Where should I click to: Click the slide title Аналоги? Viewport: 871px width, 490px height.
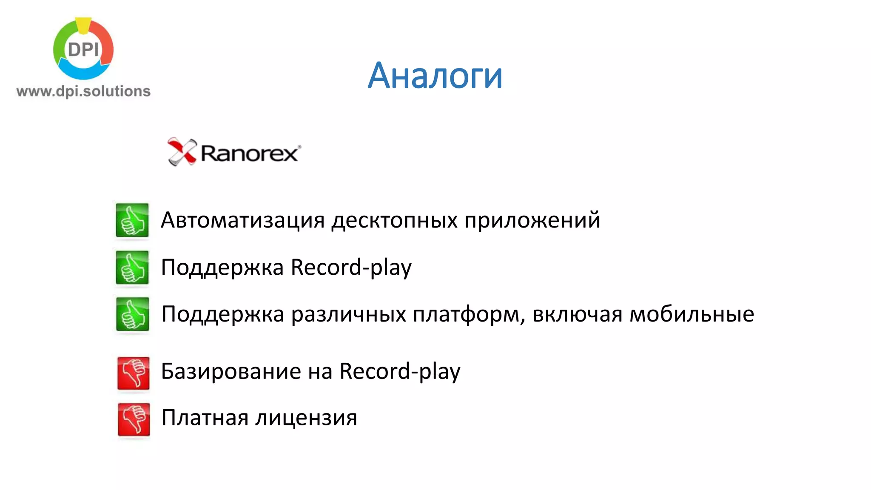[435, 76]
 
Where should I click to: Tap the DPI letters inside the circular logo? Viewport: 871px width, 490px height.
[83, 50]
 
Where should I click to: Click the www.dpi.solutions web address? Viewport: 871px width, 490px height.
[83, 91]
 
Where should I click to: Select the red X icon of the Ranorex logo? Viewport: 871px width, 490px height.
[182, 151]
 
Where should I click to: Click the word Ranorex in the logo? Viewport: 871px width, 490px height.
[250, 154]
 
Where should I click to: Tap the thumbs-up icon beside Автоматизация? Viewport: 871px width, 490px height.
[132, 220]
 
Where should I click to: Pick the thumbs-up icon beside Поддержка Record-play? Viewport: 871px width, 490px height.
[132, 268]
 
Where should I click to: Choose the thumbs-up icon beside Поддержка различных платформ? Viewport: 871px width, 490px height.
[133, 314]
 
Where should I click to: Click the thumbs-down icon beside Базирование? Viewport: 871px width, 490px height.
[134, 373]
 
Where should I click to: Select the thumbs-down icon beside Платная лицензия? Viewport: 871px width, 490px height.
[134, 419]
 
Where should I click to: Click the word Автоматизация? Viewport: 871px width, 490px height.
[243, 220]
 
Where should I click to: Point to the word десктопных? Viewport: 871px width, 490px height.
[394, 220]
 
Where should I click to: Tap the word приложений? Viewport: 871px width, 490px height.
[532, 220]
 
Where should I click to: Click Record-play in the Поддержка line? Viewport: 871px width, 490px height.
[351, 268]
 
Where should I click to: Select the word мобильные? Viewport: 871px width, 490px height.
[692, 314]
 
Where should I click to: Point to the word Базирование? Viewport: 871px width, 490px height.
[231, 371]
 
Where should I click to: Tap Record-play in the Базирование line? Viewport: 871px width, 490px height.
[400, 371]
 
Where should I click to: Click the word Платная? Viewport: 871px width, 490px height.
[205, 418]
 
